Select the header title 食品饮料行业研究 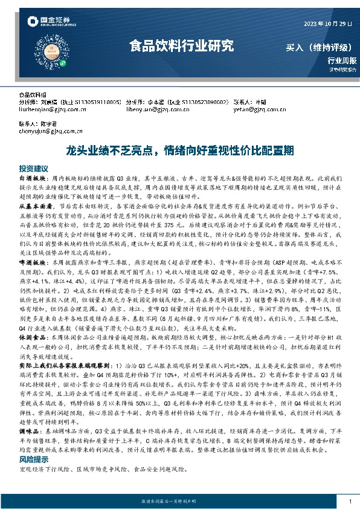click(181, 45)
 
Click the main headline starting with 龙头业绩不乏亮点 click(180, 149)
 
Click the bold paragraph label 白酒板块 click(31, 180)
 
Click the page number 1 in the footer click(350, 502)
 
